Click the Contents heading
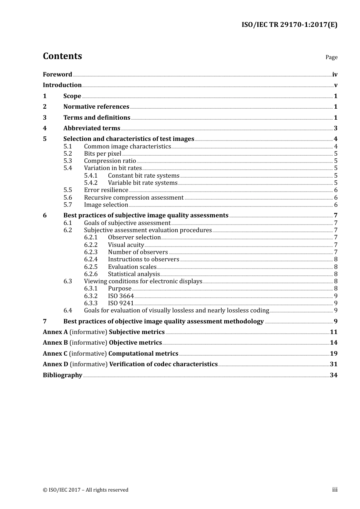[x=62, y=56]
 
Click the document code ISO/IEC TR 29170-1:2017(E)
[x=290, y=25]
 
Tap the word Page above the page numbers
[x=331, y=57]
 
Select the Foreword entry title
[x=57, y=75]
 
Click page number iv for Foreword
[x=335, y=75]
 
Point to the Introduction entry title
[x=62, y=85]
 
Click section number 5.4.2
[x=91, y=183]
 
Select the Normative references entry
[x=96, y=107]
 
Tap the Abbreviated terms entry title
[x=92, y=128]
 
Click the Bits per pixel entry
[x=103, y=154]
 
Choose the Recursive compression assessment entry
[x=134, y=198]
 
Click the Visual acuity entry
[x=126, y=245]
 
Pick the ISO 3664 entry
[x=121, y=296]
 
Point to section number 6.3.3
[x=91, y=303]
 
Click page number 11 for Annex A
[x=333, y=332]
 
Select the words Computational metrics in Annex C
[x=143, y=354]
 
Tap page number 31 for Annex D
[x=333, y=364]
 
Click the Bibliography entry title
[x=63, y=375]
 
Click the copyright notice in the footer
[x=86, y=490]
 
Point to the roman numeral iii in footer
[x=335, y=490]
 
